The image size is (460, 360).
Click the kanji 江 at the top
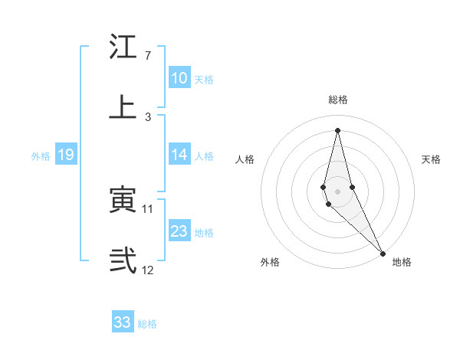[x=123, y=47]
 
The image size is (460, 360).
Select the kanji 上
[x=123, y=106]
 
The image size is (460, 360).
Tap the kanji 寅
[x=123, y=201]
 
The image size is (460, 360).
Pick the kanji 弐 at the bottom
[x=123, y=260]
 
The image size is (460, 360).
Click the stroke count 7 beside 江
[x=147, y=56]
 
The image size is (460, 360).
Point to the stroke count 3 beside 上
[x=147, y=116]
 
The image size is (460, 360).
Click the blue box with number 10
[x=179, y=78]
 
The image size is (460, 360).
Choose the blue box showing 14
[x=179, y=155]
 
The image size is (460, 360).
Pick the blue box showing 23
[x=179, y=231]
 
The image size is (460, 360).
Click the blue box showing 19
[x=65, y=155]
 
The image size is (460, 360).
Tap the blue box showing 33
[x=123, y=322]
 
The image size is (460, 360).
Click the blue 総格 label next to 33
[x=147, y=324]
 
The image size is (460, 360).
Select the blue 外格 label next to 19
[x=41, y=156]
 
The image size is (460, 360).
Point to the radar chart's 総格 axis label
[x=338, y=100]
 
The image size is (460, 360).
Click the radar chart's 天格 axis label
[x=432, y=159]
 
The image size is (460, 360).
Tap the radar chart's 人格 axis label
[x=245, y=159]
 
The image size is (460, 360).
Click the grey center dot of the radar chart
[x=337, y=191]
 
